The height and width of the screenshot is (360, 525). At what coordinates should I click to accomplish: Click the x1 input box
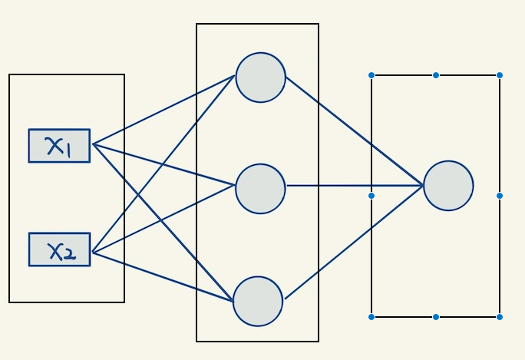pos(59,146)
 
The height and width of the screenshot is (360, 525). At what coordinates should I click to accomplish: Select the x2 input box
pos(59,249)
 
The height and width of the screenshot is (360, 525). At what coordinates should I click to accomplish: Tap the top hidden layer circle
pos(261,78)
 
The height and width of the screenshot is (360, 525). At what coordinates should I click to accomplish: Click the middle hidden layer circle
pos(260,188)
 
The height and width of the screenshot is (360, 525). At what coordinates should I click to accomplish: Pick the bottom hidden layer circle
pos(258,301)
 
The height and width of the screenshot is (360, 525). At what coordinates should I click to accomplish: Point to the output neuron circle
pos(448,186)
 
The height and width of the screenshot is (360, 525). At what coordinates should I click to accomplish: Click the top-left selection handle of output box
pos(371,75)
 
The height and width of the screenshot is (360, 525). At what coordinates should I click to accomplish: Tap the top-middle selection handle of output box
pos(436,75)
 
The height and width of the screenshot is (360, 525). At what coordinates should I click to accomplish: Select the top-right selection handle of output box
pos(500,75)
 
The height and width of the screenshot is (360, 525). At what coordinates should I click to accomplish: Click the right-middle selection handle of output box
pos(500,196)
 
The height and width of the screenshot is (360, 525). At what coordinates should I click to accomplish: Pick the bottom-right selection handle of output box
pos(500,316)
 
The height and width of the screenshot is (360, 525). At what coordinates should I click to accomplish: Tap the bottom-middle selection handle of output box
pos(436,316)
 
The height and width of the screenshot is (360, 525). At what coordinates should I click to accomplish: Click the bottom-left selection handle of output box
pos(371,316)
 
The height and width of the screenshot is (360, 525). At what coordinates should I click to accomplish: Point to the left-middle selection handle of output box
pos(371,196)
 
